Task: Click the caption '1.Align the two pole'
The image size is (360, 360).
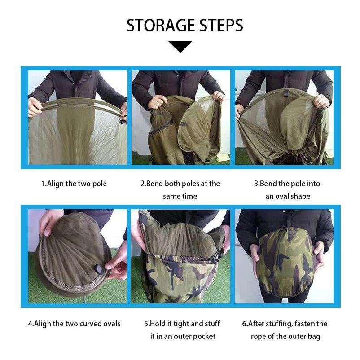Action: pos(74,184)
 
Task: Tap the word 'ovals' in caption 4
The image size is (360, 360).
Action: pos(111,324)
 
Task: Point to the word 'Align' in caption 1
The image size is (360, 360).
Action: pos(55,184)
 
